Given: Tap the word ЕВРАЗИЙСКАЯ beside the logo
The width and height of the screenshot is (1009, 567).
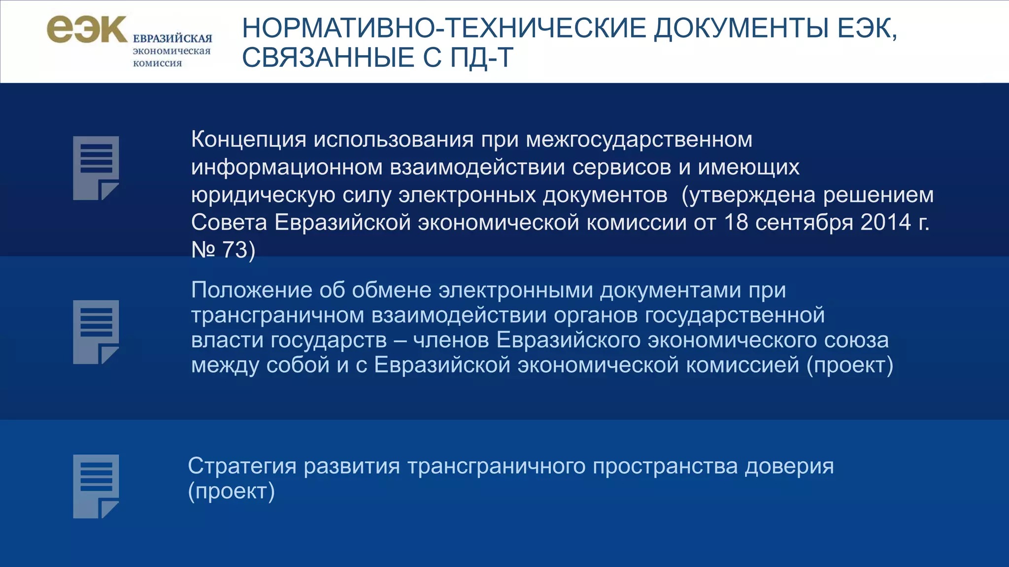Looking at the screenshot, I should [172, 38].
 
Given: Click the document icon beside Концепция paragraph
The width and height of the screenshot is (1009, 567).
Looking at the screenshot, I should [96, 168].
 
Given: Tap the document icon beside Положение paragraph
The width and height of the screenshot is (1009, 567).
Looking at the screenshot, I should [96, 332].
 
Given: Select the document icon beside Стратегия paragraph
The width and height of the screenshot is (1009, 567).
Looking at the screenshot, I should [96, 486].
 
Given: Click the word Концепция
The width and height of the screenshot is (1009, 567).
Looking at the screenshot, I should [249, 140].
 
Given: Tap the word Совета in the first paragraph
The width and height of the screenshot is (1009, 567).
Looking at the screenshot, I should [229, 222].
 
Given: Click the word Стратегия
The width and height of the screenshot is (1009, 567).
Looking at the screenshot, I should [242, 466].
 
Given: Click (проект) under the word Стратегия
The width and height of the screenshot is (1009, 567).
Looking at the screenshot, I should [231, 491].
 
